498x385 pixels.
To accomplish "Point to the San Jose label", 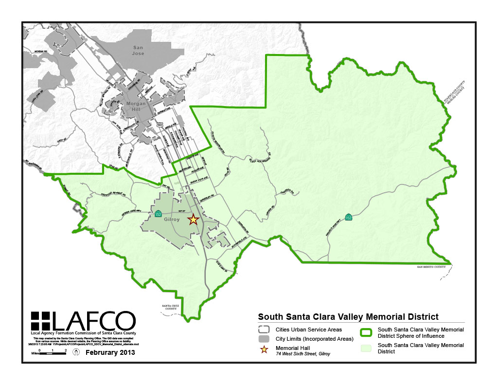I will pos(138,50).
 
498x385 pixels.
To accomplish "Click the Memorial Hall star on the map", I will pos(193,219).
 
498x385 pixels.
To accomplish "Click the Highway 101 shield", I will pos(160,125).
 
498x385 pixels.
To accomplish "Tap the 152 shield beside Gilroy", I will pos(158,214).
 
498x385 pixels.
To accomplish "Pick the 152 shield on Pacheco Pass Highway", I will pos(348,217).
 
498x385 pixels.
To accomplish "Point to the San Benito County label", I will pos(432,267).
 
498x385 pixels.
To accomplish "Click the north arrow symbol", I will pos(76,352).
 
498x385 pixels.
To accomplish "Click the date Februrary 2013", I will pos(110,352).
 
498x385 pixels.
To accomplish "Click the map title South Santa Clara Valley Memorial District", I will pos(348,317).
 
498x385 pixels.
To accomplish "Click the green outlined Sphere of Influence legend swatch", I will pos(366,332).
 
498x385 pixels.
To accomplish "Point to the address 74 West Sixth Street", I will pos(302,354).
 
